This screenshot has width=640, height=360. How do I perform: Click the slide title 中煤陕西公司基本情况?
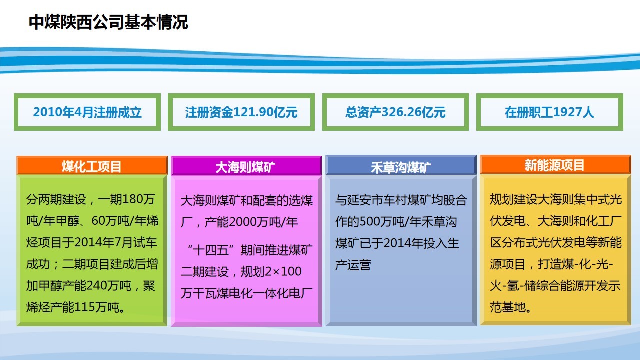pyautogui.click(x=108, y=22)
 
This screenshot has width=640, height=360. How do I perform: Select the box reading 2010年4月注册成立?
pyautogui.click(x=87, y=112)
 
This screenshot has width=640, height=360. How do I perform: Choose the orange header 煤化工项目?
pyautogui.click(x=92, y=165)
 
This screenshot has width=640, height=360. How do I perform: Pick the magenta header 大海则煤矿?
pyautogui.click(x=246, y=166)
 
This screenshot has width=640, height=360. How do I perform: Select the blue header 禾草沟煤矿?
pyautogui.click(x=401, y=165)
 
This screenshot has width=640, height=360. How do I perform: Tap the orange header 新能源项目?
pyautogui.click(x=555, y=165)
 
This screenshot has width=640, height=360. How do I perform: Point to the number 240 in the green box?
pyautogui.click(x=95, y=285)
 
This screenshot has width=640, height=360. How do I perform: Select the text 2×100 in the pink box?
pyautogui.click(x=283, y=271)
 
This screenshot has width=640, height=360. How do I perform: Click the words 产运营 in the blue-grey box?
pyautogui.click(x=353, y=265)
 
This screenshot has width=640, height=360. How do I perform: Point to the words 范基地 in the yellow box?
pyautogui.click(x=508, y=307)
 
